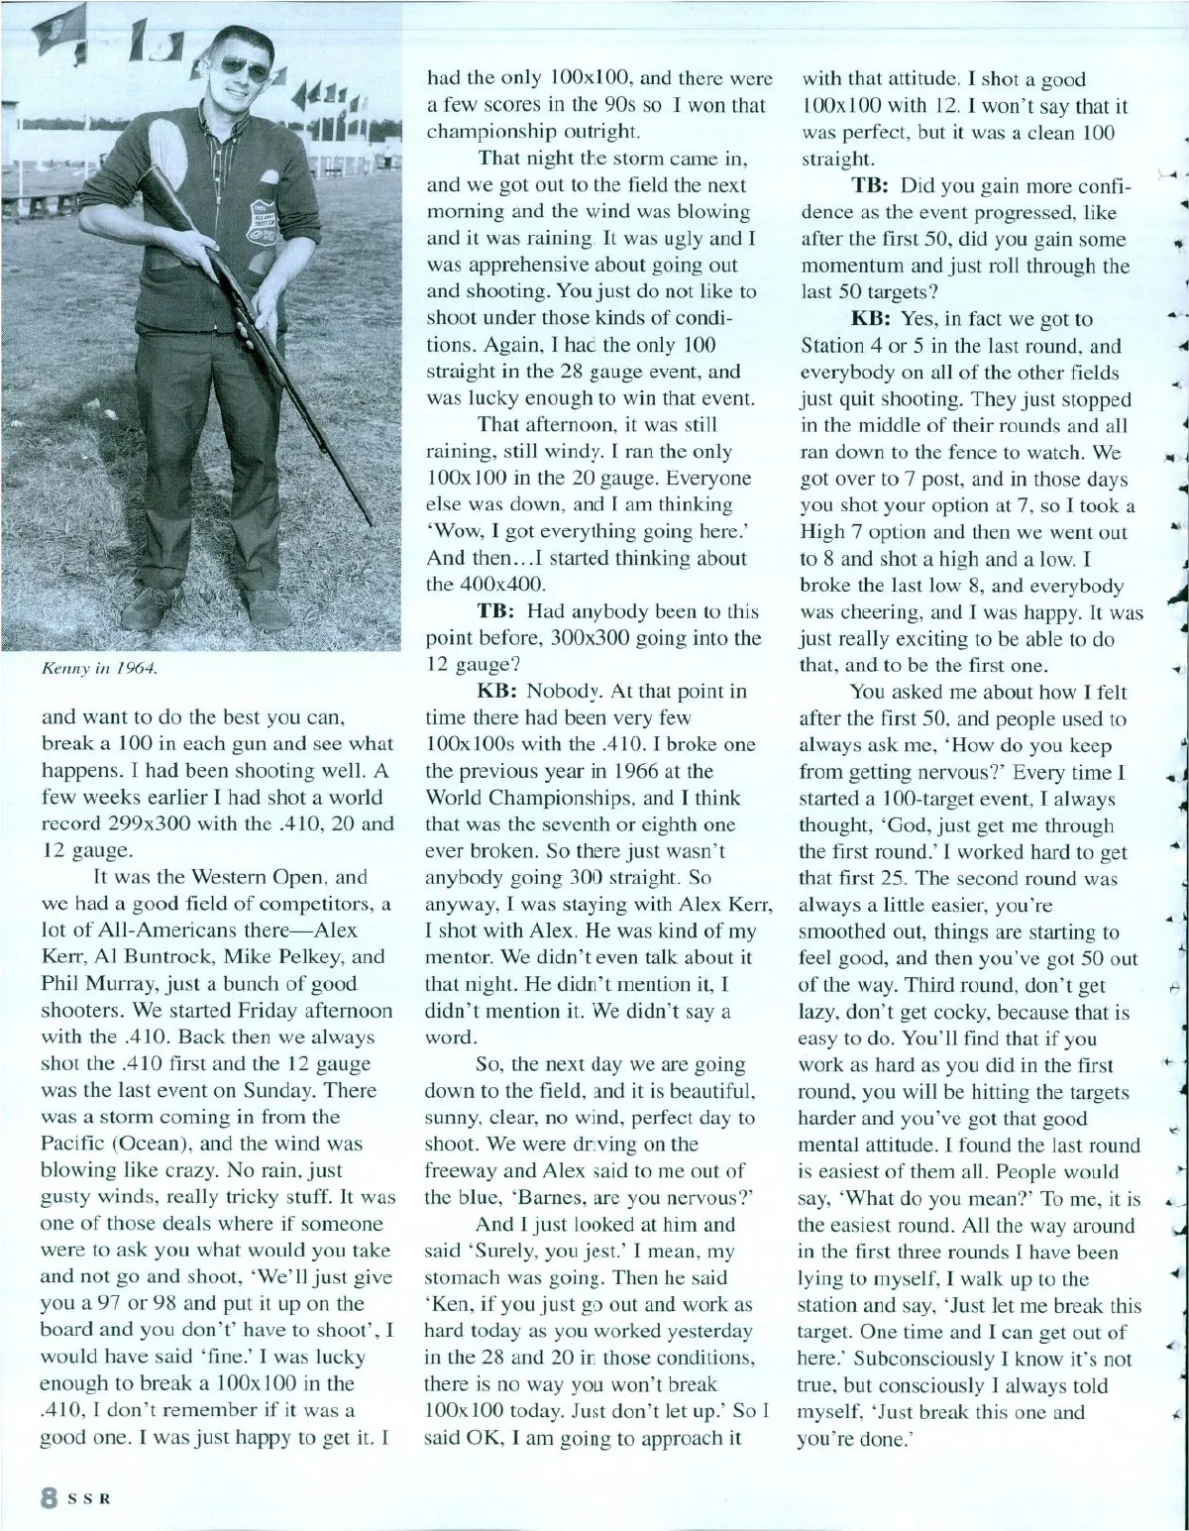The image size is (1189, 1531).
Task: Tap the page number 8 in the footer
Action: click(46, 1497)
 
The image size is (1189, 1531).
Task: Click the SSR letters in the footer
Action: click(87, 1497)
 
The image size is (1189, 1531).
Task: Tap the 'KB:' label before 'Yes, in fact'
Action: click(872, 319)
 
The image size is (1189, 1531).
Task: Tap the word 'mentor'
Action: click(457, 958)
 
